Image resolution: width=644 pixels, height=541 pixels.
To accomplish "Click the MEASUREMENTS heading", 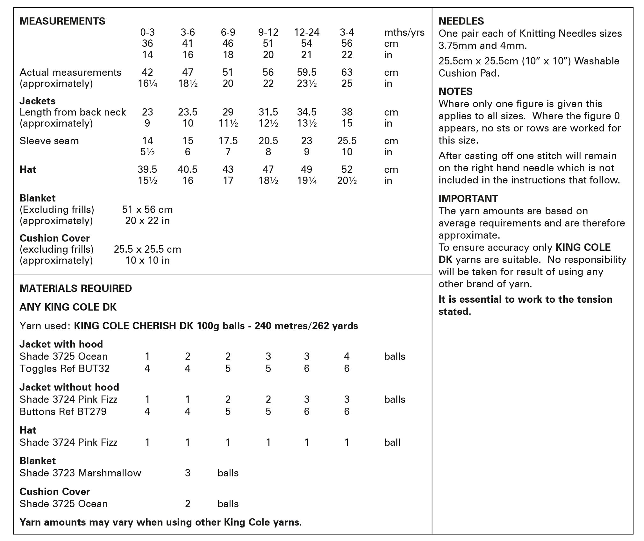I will [62, 21].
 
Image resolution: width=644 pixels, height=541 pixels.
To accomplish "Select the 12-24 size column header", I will [306, 32].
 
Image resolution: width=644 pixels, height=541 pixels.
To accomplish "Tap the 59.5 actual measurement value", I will [306, 72].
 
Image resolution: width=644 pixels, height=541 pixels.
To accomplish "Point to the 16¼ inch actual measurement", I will [147, 83].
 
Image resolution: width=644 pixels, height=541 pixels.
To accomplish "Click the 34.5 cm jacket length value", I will [306, 112].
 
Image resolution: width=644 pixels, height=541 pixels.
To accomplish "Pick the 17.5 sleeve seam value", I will [228, 141].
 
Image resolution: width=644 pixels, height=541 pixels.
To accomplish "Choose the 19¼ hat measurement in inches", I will [306, 180].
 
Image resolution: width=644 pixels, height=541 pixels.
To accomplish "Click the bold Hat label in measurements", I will [28, 169].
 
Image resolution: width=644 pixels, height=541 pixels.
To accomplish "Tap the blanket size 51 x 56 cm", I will [147, 209].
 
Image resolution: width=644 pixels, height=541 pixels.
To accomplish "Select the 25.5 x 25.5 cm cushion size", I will [147, 249].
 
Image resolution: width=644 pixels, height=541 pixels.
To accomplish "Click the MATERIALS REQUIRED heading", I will [76, 288].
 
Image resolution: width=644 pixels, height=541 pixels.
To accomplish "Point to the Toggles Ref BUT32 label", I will [65, 368].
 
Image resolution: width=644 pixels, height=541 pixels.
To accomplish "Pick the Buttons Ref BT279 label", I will [63, 411].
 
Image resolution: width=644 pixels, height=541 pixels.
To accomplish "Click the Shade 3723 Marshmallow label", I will [80, 473].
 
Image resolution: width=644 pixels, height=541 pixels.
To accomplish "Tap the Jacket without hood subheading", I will [69, 387].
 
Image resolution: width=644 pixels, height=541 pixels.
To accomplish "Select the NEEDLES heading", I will [461, 21].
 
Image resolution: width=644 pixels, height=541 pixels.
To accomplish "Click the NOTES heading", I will [455, 91].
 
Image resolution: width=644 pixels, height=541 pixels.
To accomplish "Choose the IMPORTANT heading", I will [468, 198].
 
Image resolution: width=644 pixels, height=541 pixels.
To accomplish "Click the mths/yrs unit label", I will [404, 32].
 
